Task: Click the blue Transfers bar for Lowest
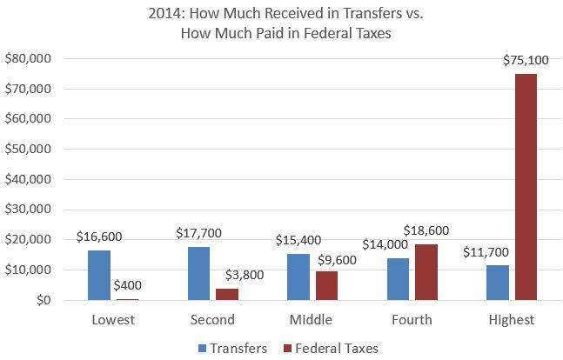point(99,275)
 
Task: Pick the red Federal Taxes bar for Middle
point(326,285)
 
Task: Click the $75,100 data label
point(525,60)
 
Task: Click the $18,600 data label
point(426,230)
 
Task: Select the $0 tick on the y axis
point(41,300)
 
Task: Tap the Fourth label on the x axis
point(412,320)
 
